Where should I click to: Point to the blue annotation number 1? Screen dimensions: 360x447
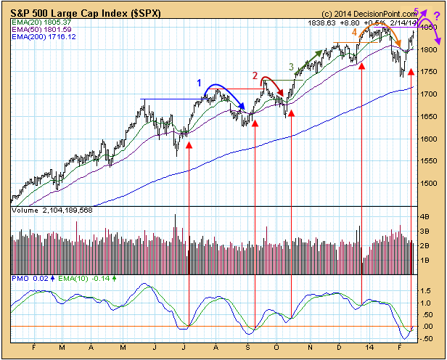coord(199,83)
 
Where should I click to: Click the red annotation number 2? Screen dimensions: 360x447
coord(255,75)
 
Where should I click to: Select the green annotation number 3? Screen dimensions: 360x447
coord(292,67)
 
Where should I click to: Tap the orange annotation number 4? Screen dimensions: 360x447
coord(354,33)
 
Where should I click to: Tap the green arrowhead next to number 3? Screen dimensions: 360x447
coord(320,52)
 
